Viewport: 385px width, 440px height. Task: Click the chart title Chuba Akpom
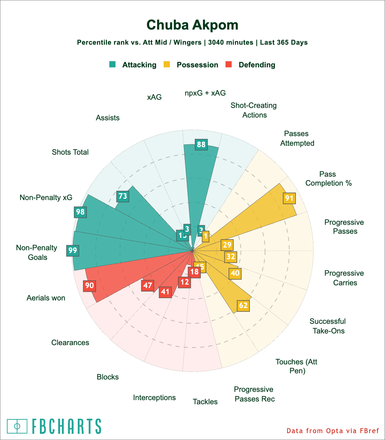192,25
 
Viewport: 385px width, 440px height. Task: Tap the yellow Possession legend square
167,65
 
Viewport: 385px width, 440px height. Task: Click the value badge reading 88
201,144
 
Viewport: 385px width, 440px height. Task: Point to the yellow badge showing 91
289,198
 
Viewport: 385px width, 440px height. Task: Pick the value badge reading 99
73,250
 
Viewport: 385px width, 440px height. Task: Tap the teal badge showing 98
80,212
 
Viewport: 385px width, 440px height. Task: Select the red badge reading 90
89,285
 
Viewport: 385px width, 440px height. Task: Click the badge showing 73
123,196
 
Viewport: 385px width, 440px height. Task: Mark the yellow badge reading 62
243,306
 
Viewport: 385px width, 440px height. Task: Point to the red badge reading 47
148,285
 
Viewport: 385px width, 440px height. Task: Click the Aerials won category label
46,298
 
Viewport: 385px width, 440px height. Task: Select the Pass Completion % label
328,179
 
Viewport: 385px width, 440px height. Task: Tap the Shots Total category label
70,152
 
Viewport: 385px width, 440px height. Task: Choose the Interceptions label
154,398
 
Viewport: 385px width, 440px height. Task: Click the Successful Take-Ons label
328,326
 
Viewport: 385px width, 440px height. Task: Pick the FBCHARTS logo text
66,426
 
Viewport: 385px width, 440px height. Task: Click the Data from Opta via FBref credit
333,431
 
